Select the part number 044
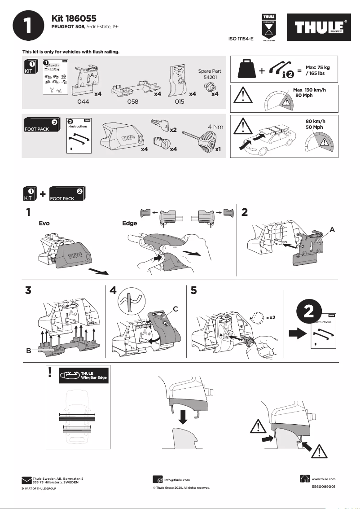83,102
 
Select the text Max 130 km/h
309,90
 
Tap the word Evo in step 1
44,223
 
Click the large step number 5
193,290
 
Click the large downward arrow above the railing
183,416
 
